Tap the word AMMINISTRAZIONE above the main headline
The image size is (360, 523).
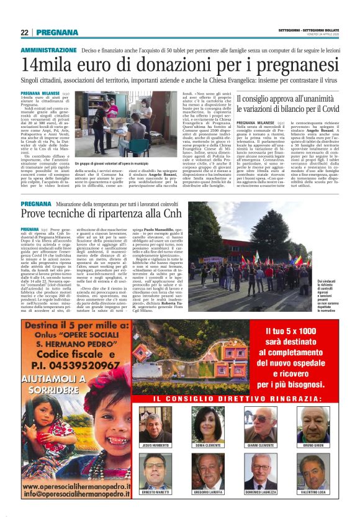click(50, 49)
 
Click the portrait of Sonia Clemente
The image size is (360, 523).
click(209, 424)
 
